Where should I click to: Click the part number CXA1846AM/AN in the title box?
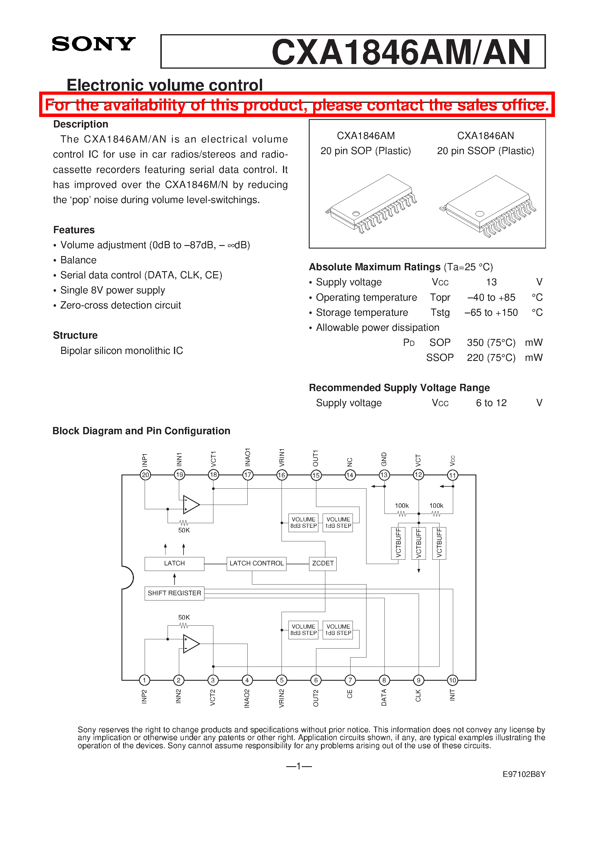(401, 52)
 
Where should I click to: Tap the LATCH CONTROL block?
(256, 563)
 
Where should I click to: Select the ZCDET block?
(322, 563)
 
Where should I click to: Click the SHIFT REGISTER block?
(174, 593)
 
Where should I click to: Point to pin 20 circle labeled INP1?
(145, 475)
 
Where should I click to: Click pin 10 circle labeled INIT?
(452, 680)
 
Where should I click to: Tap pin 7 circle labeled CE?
(350, 680)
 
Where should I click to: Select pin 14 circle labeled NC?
(350, 475)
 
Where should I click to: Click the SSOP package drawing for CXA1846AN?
(487, 207)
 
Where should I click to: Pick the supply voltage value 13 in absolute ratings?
(491, 282)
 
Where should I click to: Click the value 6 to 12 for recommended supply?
(491, 403)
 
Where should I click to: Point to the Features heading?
(74, 230)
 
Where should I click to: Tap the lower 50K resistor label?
(184, 617)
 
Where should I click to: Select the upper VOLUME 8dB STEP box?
(303, 522)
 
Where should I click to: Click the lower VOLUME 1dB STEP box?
(338, 630)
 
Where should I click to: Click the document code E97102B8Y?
(524, 774)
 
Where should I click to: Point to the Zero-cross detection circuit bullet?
(120, 305)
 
